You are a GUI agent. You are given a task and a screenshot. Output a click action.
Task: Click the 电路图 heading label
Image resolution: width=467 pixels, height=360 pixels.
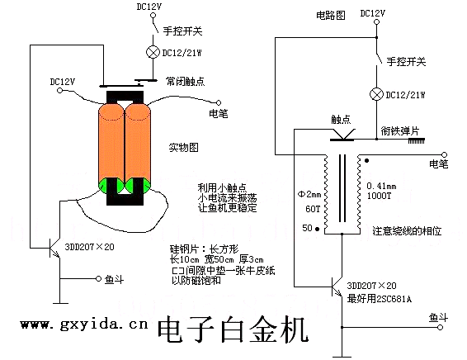pyautogui.click(x=331, y=15)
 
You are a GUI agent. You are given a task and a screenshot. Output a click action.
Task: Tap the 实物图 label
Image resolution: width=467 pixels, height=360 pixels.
pyautogui.click(x=183, y=148)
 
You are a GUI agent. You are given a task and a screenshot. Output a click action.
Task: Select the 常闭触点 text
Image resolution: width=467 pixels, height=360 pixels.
pyautogui.click(x=186, y=82)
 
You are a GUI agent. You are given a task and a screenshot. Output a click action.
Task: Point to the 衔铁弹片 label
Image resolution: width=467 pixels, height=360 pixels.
pyautogui.click(x=399, y=130)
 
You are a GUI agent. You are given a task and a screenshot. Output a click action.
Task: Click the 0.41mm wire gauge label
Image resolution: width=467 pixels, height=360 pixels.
pyautogui.click(x=381, y=187)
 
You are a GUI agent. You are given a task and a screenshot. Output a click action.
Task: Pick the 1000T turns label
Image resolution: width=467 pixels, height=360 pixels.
pyautogui.click(x=379, y=196)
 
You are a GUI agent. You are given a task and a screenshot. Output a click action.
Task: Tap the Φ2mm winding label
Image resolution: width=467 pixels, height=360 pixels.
pyautogui.click(x=309, y=195)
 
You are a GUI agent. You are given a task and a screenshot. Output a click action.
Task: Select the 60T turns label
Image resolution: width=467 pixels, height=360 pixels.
pyautogui.click(x=313, y=209)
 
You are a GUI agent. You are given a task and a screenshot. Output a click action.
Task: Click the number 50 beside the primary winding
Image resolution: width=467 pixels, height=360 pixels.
pyautogui.click(x=307, y=228)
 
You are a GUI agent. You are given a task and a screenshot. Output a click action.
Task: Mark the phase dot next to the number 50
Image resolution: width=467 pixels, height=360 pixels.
pyautogui.click(x=318, y=230)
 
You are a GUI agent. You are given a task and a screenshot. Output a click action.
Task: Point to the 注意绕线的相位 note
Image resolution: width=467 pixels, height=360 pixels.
pyautogui.click(x=407, y=231)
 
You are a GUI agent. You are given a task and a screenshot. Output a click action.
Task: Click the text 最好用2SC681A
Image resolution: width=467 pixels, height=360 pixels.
pyautogui.click(x=380, y=299)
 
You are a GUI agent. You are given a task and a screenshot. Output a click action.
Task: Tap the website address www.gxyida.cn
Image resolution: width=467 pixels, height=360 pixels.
pyautogui.click(x=84, y=324)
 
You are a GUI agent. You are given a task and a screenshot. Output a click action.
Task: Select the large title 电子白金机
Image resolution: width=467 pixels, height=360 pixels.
pyautogui.click(x=233, y=330)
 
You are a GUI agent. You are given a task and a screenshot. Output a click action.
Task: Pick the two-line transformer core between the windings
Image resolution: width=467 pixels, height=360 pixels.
pyautogui.click(x=342, y=188)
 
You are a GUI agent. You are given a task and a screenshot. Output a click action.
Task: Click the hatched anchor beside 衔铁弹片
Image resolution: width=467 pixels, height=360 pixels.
pyautogui.click(x=416, y=141)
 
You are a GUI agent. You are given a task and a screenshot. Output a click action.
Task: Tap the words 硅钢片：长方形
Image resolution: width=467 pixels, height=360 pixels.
pyautogui.click(x=205, y=249)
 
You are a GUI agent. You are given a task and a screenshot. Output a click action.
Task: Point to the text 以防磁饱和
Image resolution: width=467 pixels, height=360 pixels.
pyautogui.click(x=196, y=281)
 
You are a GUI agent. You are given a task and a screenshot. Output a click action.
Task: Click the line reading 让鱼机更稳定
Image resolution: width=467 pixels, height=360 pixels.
pyautogui.click(x=227, y=208)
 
